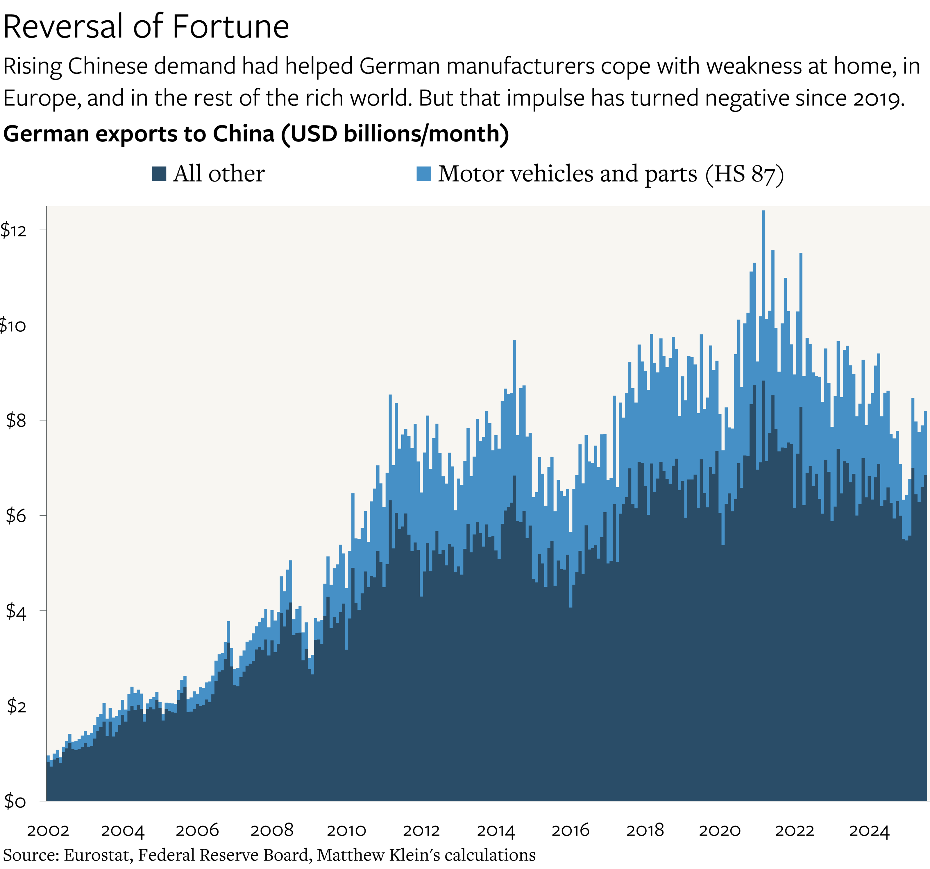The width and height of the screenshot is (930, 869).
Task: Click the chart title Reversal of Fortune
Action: point(146,27)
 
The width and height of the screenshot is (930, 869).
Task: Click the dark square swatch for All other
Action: point(159,174)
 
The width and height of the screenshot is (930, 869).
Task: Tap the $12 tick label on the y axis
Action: point(13,230)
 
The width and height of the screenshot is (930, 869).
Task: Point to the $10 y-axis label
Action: point(12,325)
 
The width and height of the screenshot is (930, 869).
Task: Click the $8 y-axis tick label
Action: point(16,421)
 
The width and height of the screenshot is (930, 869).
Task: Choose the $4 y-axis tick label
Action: point(16,611)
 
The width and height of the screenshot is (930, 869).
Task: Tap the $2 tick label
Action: point(16,706)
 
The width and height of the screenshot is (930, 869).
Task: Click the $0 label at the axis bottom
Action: point(15,801)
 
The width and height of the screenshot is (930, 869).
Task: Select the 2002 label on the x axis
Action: point(48,831)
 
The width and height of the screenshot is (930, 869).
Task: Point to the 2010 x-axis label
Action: point(346,831)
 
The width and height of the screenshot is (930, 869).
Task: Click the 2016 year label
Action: point(570,831)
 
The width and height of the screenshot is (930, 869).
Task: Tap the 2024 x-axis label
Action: point(869,831)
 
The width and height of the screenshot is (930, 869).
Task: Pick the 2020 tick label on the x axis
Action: point(720,831)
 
